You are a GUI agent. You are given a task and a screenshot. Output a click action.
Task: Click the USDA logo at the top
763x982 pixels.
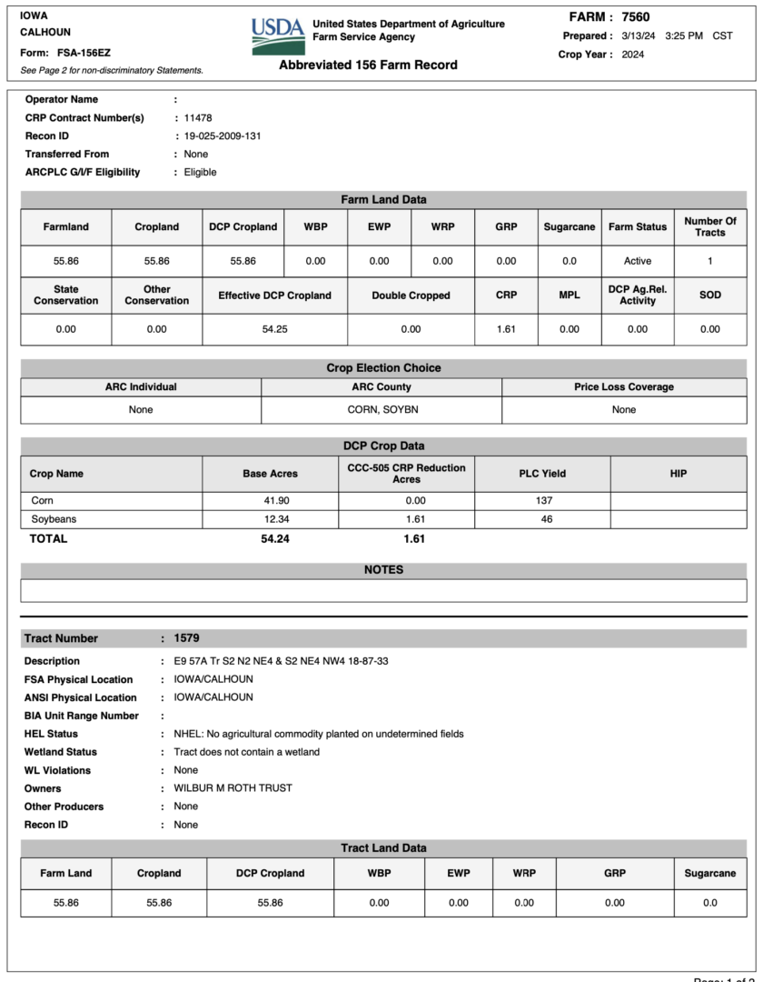point(278,35)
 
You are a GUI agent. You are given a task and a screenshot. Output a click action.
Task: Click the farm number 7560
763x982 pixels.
point(636,17)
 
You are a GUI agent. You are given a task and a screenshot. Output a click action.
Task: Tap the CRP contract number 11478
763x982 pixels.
point(198,118)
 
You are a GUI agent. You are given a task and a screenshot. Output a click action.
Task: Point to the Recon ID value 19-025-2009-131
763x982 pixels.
point(223,136)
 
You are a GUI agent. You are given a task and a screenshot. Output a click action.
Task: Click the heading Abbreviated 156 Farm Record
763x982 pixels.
point(368,65)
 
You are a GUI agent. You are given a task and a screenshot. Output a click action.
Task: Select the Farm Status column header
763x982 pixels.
point(638,227)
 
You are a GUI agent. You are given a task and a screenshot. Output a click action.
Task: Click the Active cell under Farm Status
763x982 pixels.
point(638,261)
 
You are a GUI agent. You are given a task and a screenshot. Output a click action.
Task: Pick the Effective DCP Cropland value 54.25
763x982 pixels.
point(274,329)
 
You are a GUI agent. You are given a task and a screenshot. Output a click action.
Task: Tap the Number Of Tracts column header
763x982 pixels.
point(710,227)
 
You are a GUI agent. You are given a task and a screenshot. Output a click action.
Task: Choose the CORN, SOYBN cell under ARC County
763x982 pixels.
point(382,410)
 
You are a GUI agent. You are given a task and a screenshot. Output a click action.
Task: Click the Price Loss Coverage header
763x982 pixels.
point(624,387)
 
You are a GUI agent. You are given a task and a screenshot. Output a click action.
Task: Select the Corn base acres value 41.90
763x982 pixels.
point(270,501)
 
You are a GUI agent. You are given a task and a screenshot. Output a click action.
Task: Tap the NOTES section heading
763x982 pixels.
point(383,570)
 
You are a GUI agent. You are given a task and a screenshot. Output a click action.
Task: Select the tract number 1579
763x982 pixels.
point(187,638)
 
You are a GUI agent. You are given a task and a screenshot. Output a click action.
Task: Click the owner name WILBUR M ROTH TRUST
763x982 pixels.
point(233,788)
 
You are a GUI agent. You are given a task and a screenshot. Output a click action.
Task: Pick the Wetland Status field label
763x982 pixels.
point(61,752)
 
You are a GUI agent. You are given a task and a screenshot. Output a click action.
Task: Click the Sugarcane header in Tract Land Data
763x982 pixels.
point(710,874)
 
